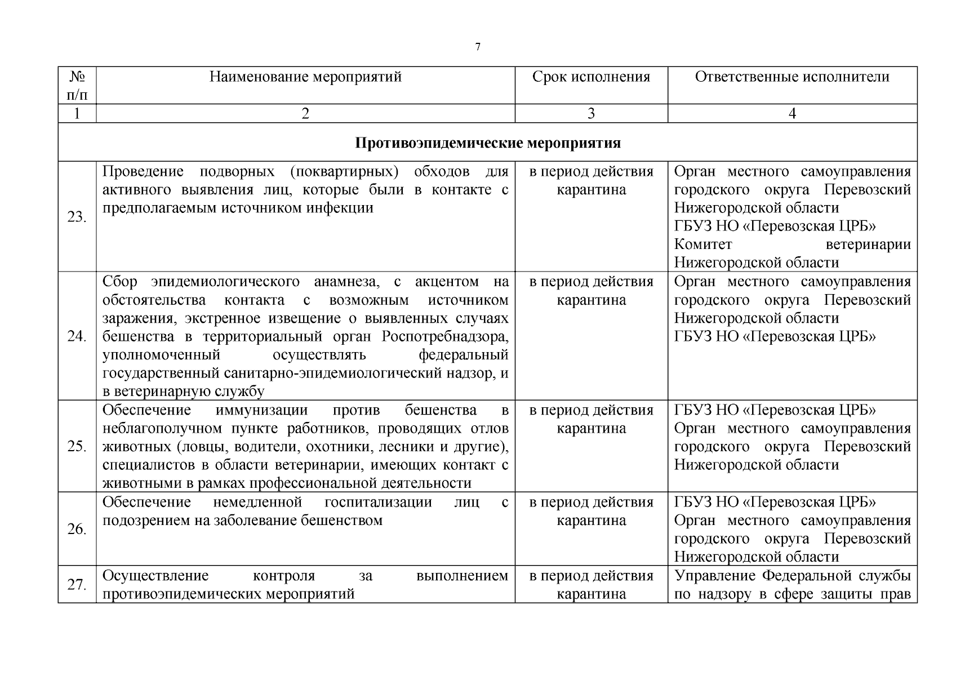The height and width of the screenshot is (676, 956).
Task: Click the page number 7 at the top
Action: [x=478, y=47]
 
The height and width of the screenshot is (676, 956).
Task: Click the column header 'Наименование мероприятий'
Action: [x=305, y=77]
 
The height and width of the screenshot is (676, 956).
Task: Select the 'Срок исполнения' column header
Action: [x=591, y=77]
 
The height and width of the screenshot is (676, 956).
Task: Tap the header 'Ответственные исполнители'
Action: [x=792, y=77]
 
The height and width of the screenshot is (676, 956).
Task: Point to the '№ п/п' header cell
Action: [x=77, y=85]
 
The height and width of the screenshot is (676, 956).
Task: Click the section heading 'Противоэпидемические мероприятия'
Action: [x=488, y=143]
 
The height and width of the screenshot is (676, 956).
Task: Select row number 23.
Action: [x=77, y=217]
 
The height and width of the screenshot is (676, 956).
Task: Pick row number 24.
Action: [x=77, y=336]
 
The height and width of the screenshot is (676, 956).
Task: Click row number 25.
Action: [x=77, y=446]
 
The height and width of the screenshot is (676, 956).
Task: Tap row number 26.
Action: [x=77, y=529]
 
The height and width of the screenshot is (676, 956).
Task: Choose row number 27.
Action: [x=77, y=585]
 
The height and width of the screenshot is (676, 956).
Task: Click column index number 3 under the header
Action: [x=591, y=114]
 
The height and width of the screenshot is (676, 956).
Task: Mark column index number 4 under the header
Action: [x=792, y=114]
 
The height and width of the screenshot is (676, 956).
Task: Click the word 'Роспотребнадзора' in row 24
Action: [x=445, y=337]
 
